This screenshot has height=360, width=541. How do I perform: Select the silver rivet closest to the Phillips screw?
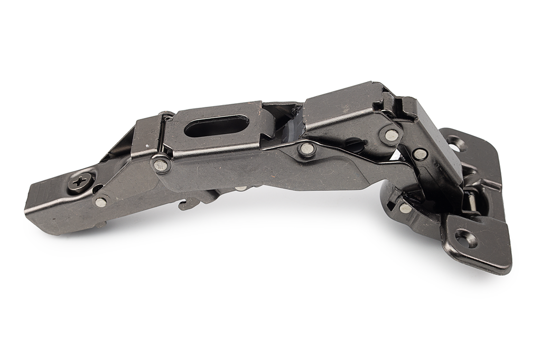(x=100, y=202)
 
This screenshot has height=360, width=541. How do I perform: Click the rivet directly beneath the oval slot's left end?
(x=161, y=165)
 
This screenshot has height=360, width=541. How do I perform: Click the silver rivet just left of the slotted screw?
(x=306, y=150)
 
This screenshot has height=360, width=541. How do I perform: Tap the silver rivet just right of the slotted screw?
(x=391, y=135)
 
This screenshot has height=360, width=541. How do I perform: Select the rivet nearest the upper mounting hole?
(x=420, y=154)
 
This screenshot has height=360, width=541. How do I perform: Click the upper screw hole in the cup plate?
(x=453, y=142)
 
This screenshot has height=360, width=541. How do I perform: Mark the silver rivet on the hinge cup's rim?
(x=405, y=208)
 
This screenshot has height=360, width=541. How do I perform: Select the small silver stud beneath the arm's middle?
(x=240, y=188)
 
